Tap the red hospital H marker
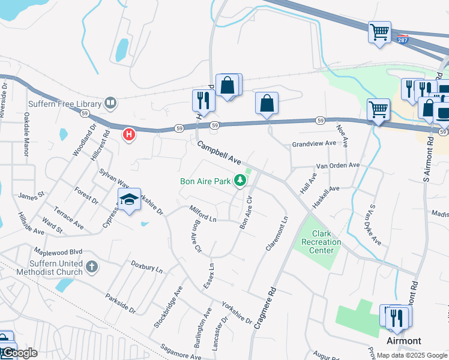(x=128, y=134)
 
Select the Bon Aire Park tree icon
(x=240, y=180)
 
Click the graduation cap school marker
(x=128, y=200)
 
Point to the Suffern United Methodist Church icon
(x=91, y=266)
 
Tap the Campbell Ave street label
(x=219, y=154)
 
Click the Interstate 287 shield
(x=402, y=39)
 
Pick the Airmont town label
(x=403, y=341)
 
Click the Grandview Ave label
(x=314, y=144)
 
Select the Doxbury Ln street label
(x=147, y=267)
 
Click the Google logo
(x=19, y=353)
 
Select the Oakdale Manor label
(x=25, y=139)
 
